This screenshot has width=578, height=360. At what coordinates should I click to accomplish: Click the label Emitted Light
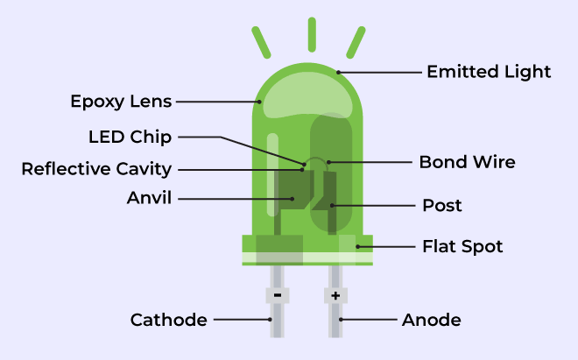(x=489, y=72)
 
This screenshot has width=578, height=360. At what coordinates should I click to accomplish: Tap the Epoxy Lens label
(x=121, y=102)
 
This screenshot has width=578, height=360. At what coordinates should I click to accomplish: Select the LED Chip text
(x=130, y=137)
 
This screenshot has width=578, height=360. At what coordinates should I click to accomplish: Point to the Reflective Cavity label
(x=96, y=169)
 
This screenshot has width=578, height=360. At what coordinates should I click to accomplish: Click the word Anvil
(x=149, y=198)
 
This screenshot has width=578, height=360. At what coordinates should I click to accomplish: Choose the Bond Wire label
(x=468, y=162)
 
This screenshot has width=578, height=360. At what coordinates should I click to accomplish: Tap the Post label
(x=442, y=206)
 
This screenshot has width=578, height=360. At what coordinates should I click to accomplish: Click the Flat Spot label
(x=462, y=246)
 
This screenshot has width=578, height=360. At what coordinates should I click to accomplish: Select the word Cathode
(x=168, y=320)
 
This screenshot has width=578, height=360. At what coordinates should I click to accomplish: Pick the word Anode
(x=431, y=320)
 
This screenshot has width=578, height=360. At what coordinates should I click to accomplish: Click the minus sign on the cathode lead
(x=278, y=295)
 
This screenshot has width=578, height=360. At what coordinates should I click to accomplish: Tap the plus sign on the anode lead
(x=335, y=295)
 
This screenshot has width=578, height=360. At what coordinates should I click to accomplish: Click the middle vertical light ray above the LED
(x=312, y=34)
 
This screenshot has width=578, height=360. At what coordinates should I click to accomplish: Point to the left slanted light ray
(x=261, y=42)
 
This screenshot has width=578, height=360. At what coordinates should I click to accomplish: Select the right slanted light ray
(x=356, y=42)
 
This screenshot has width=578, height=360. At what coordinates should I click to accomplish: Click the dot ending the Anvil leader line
(x=293, y=199)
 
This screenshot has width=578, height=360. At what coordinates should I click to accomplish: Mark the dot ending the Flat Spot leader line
(x=357, y=246)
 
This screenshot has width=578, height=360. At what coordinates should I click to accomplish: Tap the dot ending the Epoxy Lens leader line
(x=259, y=102)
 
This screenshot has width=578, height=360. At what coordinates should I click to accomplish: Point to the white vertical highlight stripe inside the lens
(x=272, y=174)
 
